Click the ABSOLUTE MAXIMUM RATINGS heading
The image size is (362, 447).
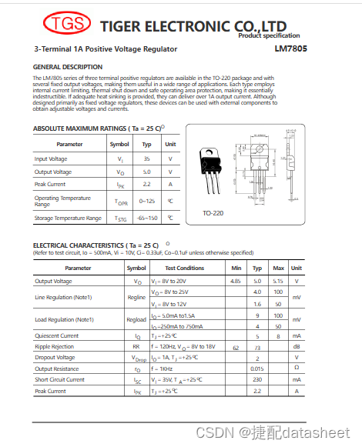97,128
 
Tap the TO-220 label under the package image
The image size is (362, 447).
213,212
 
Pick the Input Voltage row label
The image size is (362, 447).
52,158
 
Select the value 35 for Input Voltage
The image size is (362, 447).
146,158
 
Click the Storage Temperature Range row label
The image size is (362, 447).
68,218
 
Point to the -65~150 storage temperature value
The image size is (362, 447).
146,218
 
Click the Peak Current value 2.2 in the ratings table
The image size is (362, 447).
146,185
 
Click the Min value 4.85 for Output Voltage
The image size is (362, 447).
236,282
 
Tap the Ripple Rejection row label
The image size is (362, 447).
55,347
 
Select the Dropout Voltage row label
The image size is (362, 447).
55,358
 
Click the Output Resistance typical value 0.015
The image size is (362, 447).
257,369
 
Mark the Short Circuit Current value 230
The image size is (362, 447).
257,379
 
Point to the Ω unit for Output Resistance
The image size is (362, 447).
297,369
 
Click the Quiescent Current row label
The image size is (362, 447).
57,336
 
